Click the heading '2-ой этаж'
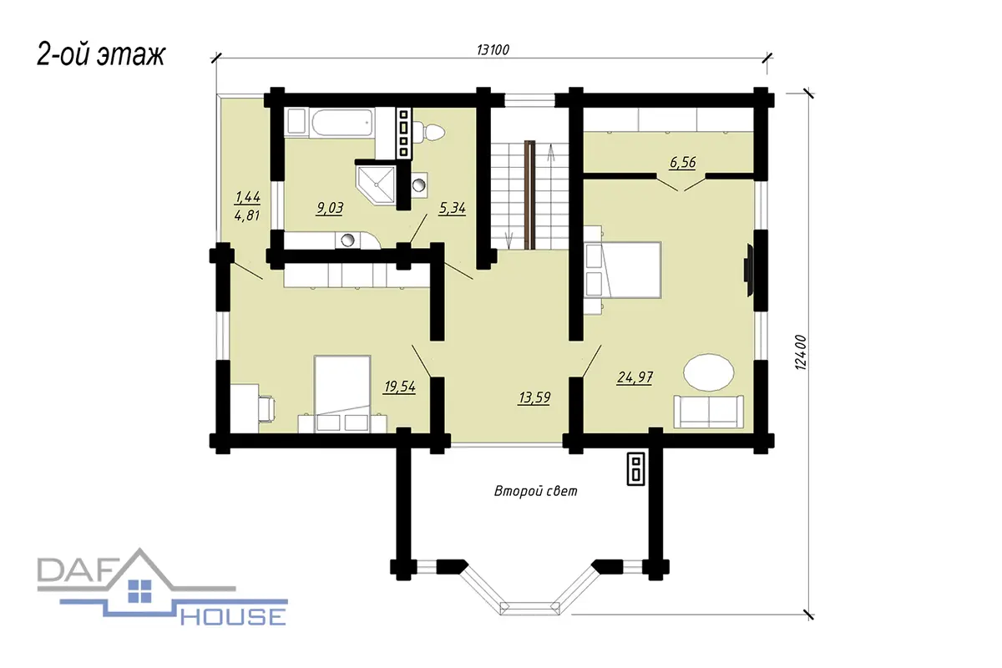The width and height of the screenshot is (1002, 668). tap(101, 54)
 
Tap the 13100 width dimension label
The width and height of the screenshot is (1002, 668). tap(493, 49)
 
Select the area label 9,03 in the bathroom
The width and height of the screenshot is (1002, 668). tap(330, 208)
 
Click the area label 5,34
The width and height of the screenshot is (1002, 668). tap(452, 208)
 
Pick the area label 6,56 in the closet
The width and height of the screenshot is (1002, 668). tap(683, 162)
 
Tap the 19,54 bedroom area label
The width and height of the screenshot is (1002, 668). tap(399, 386)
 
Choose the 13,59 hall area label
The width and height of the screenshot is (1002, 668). tap(534, 397)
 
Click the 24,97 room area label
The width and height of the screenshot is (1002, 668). tap(635, 377)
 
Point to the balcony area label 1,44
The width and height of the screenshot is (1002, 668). tap(247, 197)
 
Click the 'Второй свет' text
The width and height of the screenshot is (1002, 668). tap(535, 491)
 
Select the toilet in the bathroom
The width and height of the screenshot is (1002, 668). tap(428, 132)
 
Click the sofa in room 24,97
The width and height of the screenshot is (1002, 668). tap(709, 412)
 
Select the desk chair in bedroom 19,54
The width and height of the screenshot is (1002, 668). tap(267, 408)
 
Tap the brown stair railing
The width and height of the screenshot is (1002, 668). tap(530, 195)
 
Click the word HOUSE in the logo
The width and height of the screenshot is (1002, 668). tap(233, 617)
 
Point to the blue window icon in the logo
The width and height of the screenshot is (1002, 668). tap(139, 591)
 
